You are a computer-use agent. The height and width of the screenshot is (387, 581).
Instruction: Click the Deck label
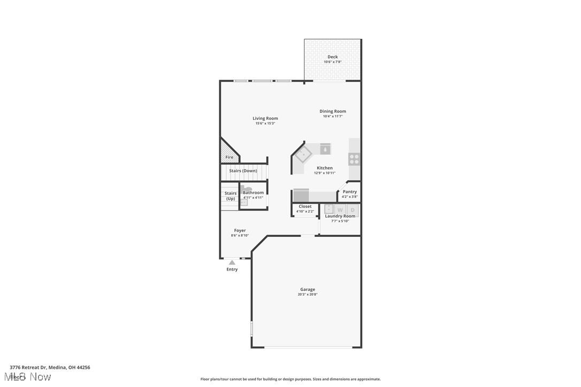(x=332, y=57)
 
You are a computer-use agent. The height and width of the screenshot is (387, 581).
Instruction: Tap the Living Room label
(x=265, y=118)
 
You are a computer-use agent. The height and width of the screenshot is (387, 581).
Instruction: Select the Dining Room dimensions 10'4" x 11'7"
(x=332, y=117)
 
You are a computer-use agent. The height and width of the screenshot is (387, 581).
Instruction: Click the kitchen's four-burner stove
(x=354, y=159)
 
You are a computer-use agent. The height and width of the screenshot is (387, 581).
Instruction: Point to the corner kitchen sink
(x=304, y=154)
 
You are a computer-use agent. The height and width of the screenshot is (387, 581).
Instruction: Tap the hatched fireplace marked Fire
(x=228, y=152)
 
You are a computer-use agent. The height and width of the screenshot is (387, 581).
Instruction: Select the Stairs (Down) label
(x=243, y=171)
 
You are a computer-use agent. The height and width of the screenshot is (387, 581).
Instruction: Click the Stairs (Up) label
(x=230, y=196)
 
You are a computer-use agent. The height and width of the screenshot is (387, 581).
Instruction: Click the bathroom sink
(x=243, y=203)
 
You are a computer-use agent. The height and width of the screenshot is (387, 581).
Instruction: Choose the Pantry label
(x=349, y=191)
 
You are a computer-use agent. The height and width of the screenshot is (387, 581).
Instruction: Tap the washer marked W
(x=340, y=210)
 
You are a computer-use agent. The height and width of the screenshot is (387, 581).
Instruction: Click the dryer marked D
(x=353, y=210)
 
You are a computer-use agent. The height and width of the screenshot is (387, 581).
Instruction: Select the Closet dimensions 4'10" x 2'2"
(x=305, y=211)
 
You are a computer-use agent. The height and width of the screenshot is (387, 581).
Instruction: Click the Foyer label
(x=240, y=230)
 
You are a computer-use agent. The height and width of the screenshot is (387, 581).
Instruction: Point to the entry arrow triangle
(x=232, y=262)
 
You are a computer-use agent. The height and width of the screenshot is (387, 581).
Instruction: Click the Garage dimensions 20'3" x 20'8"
(x=307, y=295)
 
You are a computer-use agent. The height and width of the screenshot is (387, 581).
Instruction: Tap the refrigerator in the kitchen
(x=301, y=195)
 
